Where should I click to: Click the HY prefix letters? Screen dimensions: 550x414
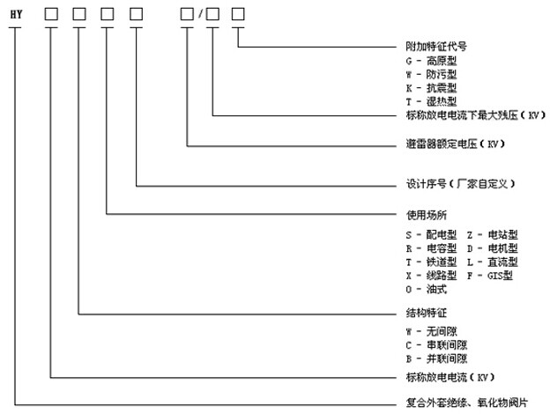[16, 14]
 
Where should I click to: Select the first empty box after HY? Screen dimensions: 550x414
[51, 14]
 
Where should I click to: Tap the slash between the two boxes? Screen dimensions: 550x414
[200, 14]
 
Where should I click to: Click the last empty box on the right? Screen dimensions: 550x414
[238, 14]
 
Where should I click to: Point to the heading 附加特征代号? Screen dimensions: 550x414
[436, 47]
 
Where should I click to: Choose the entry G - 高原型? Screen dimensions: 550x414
[431, 61]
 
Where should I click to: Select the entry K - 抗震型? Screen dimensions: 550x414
[431, 88]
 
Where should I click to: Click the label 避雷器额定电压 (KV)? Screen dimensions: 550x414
[456, 144]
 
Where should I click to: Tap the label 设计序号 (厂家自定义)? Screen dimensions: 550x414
[461, 184]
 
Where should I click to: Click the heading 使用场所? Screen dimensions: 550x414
[427, 215]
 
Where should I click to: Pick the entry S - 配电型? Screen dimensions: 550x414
[431, 235]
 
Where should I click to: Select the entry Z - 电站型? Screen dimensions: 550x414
[493, 235]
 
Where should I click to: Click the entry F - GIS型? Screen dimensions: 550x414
[490, 276]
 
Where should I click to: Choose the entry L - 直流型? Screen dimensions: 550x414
[493, 262]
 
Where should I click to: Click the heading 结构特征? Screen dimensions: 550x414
[427, 313]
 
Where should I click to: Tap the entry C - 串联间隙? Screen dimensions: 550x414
[436, 345]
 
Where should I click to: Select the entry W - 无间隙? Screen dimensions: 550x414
[431, 331]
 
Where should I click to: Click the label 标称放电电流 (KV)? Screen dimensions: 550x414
[450, 377]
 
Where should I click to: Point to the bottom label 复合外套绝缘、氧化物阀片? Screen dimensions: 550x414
[467, 403]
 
